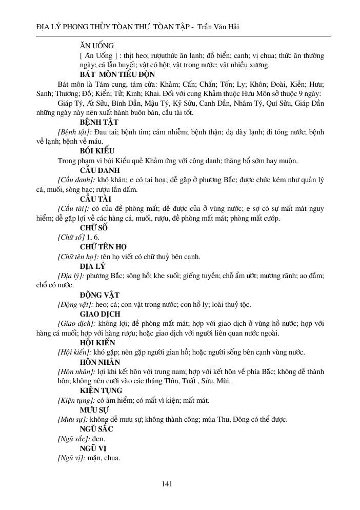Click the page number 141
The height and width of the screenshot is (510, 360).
coord(166,483)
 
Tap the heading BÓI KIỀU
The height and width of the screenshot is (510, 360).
coord(97,151)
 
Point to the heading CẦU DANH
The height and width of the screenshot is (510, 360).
coord(99,170)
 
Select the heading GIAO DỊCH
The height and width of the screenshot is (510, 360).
coord(100,313)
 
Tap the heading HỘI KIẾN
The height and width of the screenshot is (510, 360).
coord(97,342)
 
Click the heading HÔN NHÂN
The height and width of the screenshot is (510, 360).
coord(99,362)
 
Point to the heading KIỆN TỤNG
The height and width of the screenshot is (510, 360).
coord(101,390)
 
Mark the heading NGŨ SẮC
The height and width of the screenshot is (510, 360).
coord(96,428)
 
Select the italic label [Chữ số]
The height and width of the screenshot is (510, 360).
coord(71,237)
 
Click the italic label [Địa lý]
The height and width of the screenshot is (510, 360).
coord(71,276)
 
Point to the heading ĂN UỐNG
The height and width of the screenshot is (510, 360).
coord(97,45)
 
